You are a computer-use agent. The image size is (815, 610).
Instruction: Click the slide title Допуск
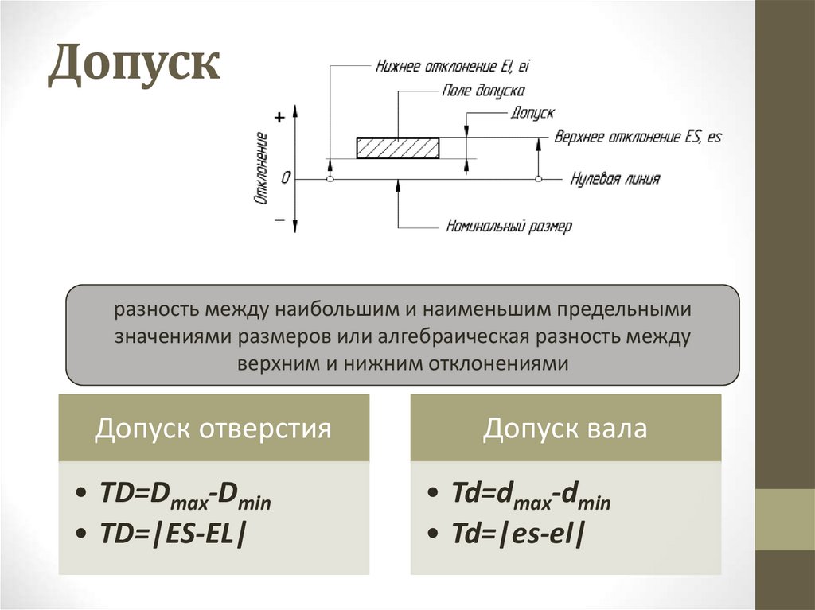pos(134,66)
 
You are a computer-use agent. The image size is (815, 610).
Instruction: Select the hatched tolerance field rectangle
pos(397,148)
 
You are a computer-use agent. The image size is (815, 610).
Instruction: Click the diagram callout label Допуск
pos(532,114)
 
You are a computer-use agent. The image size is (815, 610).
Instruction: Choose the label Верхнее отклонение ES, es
pos(638,136)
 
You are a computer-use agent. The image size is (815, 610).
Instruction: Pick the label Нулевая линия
pos(614,179)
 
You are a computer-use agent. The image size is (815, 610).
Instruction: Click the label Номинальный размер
pos(509,226)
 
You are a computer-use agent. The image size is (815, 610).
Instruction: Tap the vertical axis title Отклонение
pos(260,169)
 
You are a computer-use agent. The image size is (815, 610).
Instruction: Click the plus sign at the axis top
pos(279,117)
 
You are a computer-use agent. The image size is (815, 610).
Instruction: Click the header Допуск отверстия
pos(213,429)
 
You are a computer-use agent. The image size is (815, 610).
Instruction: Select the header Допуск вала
pos(565,429)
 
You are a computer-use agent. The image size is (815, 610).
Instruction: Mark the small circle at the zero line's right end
pos(539,180)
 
